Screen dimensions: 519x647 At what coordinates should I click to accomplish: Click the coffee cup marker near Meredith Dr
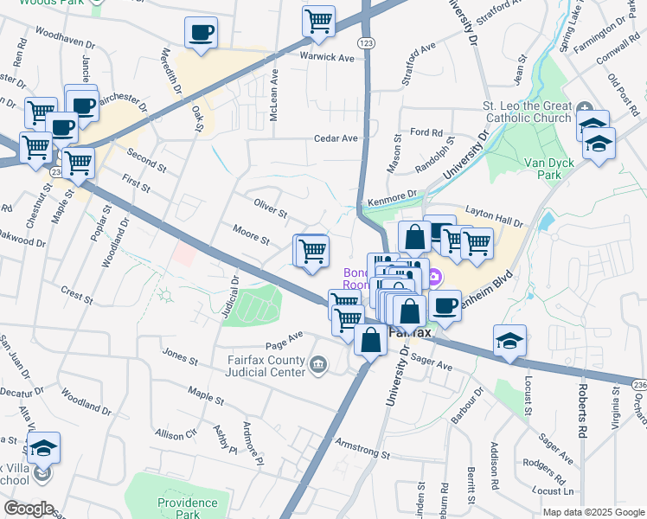[201, 34]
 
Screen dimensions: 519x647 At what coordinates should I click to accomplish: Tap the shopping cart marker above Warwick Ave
[319, 21]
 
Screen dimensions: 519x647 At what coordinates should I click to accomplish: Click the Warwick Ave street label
[328, 58]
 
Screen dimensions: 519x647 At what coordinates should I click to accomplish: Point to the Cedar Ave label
[336, 138]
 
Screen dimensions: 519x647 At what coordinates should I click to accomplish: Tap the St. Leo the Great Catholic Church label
[526, 112]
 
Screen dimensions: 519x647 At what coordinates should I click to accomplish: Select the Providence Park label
[188, 508]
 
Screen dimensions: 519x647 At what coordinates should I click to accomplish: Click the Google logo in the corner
[29, 509]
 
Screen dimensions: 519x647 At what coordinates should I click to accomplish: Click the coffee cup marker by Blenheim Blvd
[445, 304]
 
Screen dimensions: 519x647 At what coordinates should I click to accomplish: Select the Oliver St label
[270, 208]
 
